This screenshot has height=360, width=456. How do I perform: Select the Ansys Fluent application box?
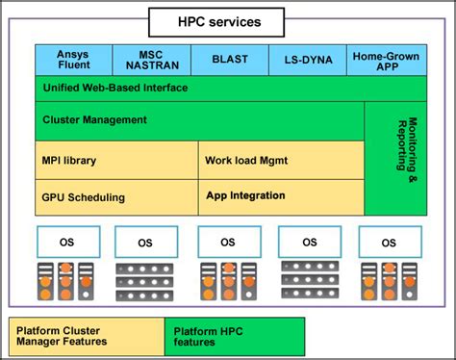tap(73, 60)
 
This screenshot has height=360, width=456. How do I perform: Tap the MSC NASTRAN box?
tap(151, 60)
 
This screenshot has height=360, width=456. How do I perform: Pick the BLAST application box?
tap(228, 60)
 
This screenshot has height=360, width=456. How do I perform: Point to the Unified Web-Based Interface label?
tap(115, 88)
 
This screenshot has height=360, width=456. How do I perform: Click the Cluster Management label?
tap(95, 120)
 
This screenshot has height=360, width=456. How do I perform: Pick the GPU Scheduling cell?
tap(84, 196)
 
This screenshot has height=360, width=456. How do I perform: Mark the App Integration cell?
tap(245, 195)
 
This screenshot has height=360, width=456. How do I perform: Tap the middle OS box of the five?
tap(228, 242)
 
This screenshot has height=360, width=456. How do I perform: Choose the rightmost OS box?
tap(389, 242)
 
